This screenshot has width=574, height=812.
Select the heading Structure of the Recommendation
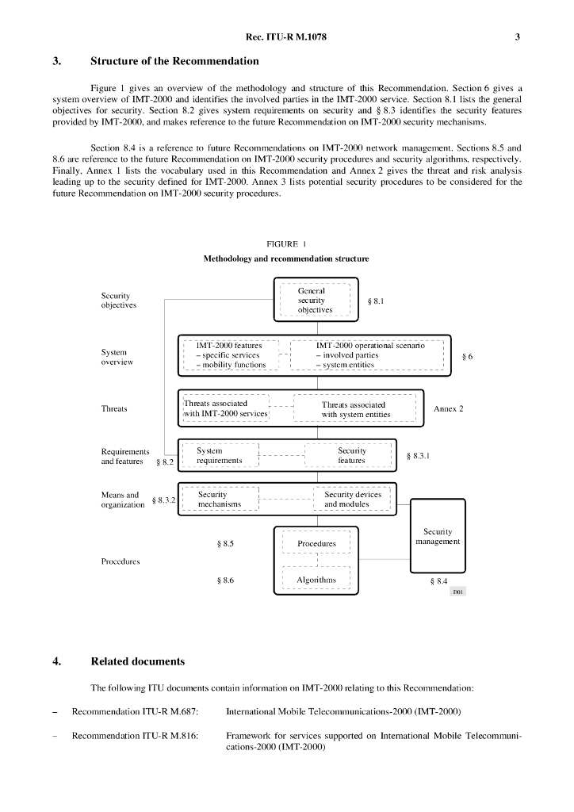[x=174, y=61]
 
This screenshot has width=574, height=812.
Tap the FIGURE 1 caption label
[x=286, y=244]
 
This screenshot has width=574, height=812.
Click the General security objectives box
[x=316, y=301]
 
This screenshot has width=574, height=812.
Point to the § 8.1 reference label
[x=377, y=301]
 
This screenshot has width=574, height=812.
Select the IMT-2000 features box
[x=230, y=355]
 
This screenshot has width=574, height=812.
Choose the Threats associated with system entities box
[x=354, y=409]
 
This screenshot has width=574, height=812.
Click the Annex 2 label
[x=448, y=409]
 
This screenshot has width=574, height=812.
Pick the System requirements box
[x=220, y=456]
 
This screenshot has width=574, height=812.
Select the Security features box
[x=351, y=456]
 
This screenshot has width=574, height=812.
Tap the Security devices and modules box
[x=352, y=500]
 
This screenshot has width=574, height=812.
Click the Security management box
[x=438, y=536]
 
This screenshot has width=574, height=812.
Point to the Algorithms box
[x=316, y=580]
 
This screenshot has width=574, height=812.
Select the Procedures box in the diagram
[x=316, y=543]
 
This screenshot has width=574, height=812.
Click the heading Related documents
[x=138, y=661]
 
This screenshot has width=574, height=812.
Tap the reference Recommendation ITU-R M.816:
[x=135, y=736]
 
